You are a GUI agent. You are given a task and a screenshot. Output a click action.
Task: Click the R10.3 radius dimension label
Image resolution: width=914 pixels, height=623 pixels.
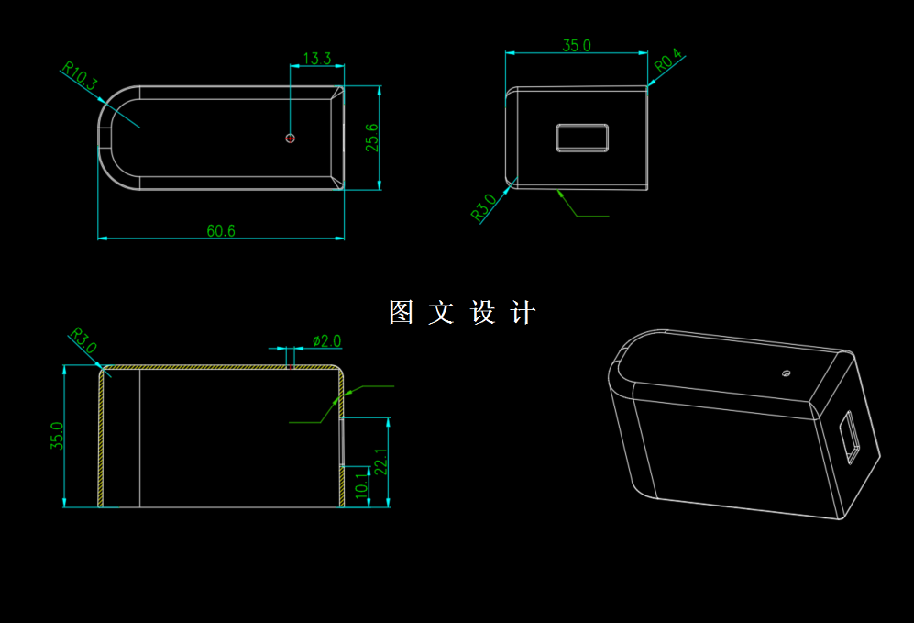point(79,75)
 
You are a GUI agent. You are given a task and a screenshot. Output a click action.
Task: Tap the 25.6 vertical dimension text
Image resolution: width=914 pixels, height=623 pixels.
point(371,138)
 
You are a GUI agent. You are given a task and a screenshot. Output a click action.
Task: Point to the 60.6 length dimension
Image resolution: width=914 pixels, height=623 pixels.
point(220,231)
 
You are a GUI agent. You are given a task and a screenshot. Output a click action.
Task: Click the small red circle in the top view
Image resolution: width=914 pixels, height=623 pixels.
point(291,138)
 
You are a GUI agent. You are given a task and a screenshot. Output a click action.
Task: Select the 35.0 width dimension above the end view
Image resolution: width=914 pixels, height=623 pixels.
point(576,45)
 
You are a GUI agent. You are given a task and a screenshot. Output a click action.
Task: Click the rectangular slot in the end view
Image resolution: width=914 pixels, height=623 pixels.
point(582,138)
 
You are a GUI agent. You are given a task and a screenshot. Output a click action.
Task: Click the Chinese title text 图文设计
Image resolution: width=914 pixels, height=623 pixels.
point(462,313)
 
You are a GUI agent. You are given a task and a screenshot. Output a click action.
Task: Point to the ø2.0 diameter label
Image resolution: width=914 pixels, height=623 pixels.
point(326,341)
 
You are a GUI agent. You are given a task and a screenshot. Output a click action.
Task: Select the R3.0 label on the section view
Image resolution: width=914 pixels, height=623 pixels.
point(83,342)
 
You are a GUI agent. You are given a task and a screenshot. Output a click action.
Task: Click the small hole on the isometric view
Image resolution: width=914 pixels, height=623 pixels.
point(786,373)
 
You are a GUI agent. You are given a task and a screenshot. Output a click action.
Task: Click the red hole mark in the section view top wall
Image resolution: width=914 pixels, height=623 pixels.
point(291,365)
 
